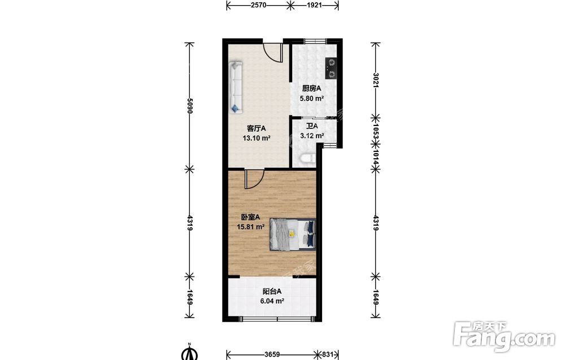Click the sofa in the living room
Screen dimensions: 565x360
click(x=236, y=87)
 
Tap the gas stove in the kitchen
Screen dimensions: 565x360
click(x=331, y=68)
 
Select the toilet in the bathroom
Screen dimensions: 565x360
click(x=307, y=159)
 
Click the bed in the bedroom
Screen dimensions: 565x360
click(x=293, y=234)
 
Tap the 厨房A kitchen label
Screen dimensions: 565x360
click(x=312, y=88)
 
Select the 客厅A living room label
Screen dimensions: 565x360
click(x=256, y=128)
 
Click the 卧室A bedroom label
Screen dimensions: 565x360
click(x=250, y=217)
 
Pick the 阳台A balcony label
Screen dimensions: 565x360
click(x=272, y=292)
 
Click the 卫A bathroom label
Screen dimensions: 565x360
click(x=312, y=126)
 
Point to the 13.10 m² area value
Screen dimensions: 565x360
click(x=257, y=138)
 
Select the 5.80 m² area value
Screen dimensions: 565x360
click(x=312, y=98)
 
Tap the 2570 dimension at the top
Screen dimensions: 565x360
click(x=258, y=5)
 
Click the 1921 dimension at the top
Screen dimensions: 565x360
click(x=314, y=5)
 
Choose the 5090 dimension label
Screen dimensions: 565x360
click(x=190, y=106)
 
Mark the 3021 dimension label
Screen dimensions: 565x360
click(x=376, y=80)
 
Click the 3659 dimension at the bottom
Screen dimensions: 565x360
click(x=272, y=354)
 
